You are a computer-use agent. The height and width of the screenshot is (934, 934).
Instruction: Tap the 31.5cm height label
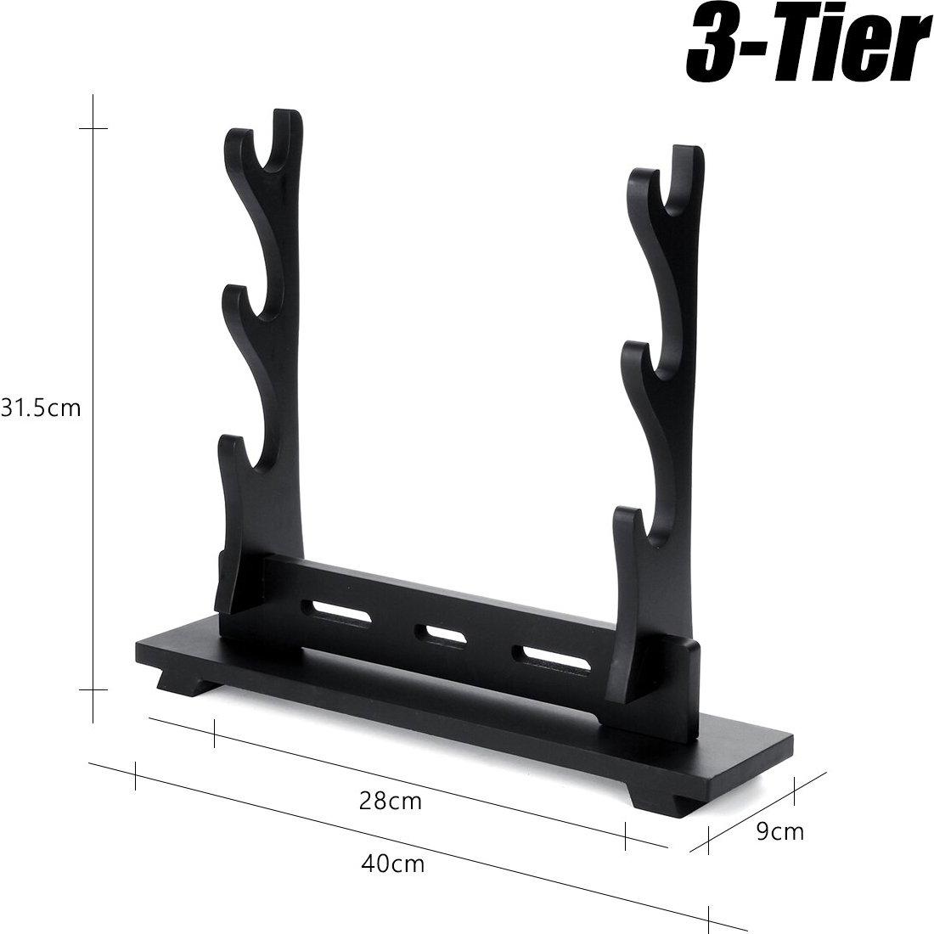tap(41, 408)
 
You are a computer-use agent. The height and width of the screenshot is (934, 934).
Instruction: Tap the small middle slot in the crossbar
tap(437, 633)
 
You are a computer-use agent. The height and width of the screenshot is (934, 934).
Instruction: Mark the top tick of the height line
tap(93, 128)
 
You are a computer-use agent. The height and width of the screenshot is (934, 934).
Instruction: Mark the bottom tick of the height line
tap(93, 689)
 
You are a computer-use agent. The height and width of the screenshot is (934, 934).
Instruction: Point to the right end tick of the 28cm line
tap(626, 836)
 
